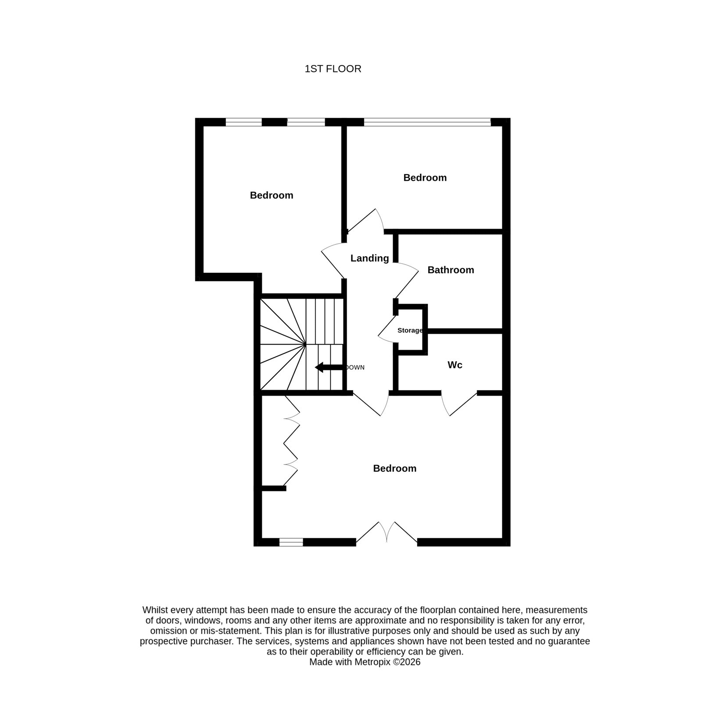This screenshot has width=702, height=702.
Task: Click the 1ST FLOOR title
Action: (x=333, y=69)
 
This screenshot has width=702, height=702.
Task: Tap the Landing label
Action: (x=369, y=258)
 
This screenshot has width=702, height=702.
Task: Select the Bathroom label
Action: (x=451, y=270)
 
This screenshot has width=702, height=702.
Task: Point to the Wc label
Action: (x=455, y=365)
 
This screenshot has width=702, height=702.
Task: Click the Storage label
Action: (x=410, y=330)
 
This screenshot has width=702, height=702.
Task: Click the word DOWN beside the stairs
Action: (x=355, y=368)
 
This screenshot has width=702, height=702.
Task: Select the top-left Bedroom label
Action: (x=272, y=195)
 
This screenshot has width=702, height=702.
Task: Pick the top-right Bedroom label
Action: (x=425, y=178)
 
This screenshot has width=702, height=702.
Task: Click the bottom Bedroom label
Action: (x=394, y=469)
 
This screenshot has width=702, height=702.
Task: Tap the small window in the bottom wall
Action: (x=291, y=542)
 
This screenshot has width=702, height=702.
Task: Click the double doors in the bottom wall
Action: (x=387, y=533)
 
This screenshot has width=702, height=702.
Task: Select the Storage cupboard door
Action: (x=386, y=329)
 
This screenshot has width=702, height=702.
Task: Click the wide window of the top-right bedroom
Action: (x=427, y=122)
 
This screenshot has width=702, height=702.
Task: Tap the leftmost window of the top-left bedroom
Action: (x=244, y=122)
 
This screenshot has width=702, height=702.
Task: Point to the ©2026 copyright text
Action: (x=406, y=662)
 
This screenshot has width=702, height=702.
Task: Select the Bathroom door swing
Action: (x=407, y=281)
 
